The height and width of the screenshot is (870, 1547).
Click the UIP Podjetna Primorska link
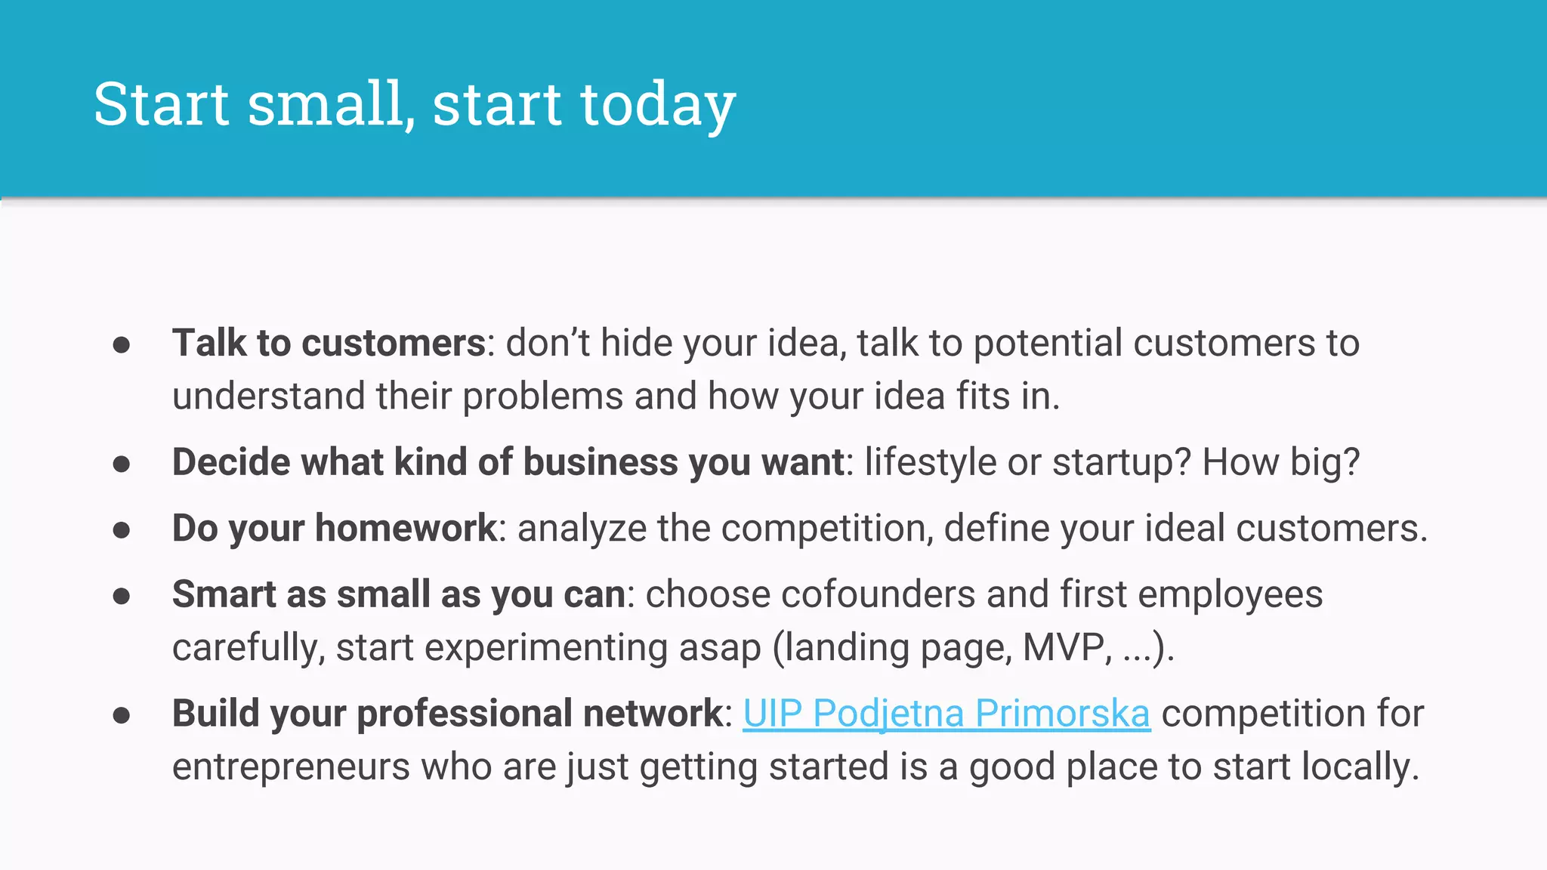coord(946,714)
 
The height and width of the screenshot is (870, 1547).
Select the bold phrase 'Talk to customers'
coord(329,343)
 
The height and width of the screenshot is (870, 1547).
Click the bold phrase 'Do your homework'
coord(335,528)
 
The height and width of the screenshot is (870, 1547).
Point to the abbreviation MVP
coord(1066,647)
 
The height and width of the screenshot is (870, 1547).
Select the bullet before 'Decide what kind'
coord(122,463)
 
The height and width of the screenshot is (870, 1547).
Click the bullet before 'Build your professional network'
coord(122,714)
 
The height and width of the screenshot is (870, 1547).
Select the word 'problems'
coord(542,396)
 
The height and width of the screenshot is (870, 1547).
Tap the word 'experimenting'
coord(547,647)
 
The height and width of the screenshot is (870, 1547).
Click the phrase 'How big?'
coord(1280,462)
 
